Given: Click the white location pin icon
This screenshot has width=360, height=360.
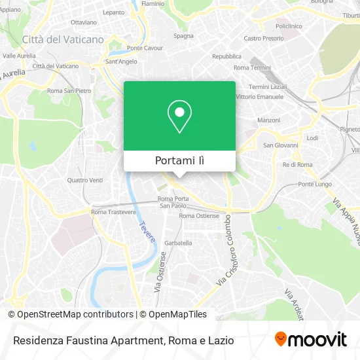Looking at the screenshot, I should [179, 117].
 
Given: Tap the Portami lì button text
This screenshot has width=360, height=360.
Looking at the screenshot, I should [179, 160].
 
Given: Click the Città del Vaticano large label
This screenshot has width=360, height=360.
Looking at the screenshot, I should [63, 39].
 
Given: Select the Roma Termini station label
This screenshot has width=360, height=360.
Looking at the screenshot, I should [252, 67].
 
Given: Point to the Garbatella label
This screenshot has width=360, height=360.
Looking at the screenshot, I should [177, 243].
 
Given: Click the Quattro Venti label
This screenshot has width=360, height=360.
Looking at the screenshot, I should [85, 180].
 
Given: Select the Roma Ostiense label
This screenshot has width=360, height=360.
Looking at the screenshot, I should [199, 215].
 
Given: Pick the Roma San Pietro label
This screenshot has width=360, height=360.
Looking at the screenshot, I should [69, 90].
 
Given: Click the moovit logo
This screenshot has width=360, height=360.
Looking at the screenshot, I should [311, 339].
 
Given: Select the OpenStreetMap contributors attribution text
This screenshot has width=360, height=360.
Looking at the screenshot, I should [75, 314].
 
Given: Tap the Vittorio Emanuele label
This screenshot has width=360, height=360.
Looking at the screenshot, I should [259, 97].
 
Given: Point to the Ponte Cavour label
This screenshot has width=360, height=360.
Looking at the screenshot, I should [145, 48].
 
